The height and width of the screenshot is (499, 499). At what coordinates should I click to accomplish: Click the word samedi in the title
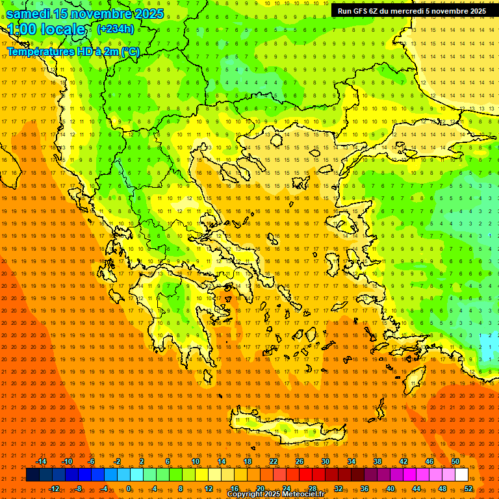click(x=29, y=14)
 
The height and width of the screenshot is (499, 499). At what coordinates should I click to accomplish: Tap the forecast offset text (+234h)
click(x=116, y=29)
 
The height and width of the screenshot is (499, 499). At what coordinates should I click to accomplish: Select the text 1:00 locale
click(x=46, y=29)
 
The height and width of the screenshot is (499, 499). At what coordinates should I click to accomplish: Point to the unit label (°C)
click(x=128, y=51)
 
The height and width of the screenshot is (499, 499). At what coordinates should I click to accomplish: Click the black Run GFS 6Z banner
click(x=412, y=11)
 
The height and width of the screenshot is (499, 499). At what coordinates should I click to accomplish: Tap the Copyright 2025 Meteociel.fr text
click(x=275, y=494)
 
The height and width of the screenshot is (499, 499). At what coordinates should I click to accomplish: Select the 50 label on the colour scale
click(x=455, y=461)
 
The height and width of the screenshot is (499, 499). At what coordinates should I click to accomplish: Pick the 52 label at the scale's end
click(x=468, y=488)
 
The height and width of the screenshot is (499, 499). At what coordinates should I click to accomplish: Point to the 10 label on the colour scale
click(x=196, y=461)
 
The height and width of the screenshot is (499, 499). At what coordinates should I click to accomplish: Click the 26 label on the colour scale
click(x=300, y=461)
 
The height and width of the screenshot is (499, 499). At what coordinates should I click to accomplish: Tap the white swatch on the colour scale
click(x=462, y=475)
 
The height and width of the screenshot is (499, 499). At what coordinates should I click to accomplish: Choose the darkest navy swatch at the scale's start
click(x=32, y=475)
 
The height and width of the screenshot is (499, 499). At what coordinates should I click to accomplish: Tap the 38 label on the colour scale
click(x=377, y=461)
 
